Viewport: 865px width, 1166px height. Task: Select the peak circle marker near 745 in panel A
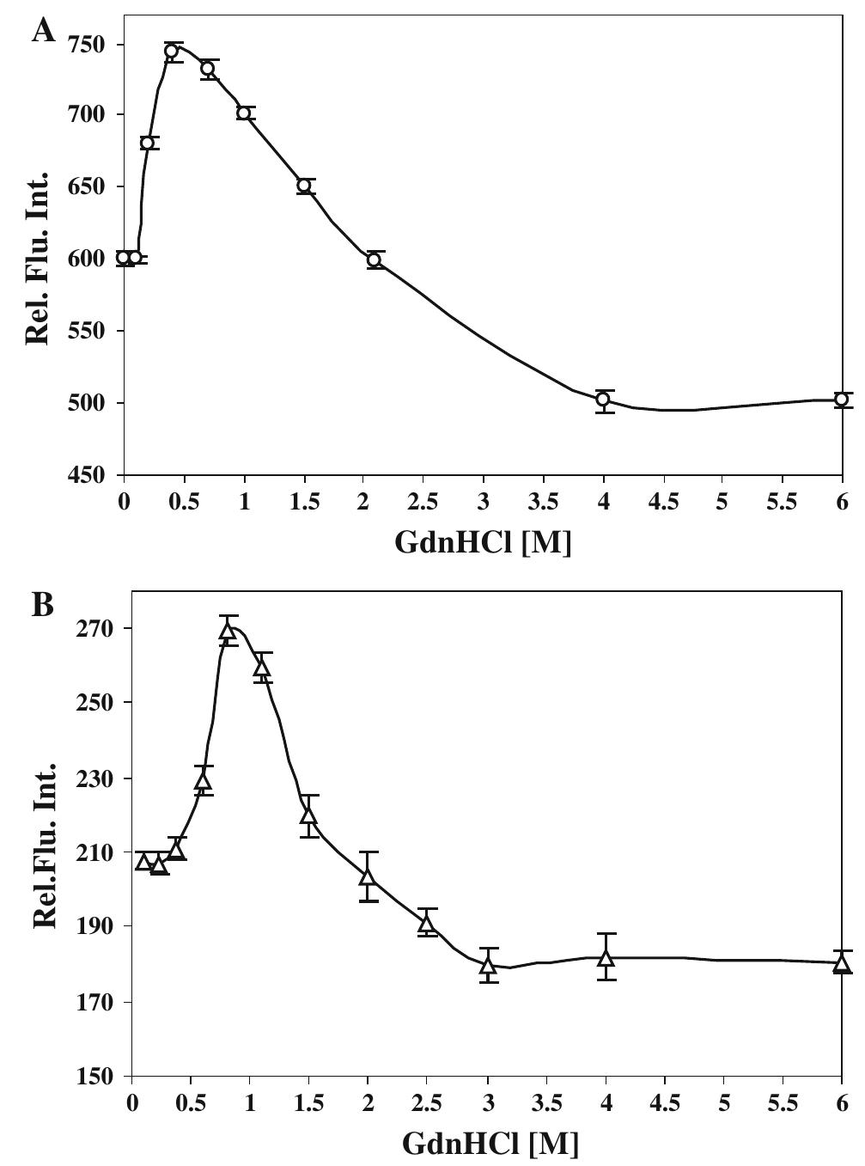pyautogui.click(x=172, y=51)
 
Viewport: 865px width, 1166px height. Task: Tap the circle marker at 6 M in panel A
pyautogui.click(x=842, y=399)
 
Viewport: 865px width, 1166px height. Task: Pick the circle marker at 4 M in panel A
pyautogui.click(x=603, y=399)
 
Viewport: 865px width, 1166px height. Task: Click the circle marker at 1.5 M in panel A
pyautogui.click(x=304, y=186)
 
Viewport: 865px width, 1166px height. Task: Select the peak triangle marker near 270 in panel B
pyautogui.click(x=228, y=632)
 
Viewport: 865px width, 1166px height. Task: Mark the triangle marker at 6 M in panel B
pyautogui.click(x=842, y=963)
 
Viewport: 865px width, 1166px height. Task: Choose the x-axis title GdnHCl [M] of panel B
pyautogui.click(x=490, y=1144)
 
